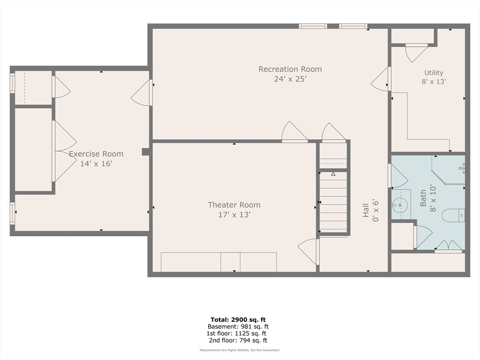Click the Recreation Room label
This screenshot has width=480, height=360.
(x=290, y=69)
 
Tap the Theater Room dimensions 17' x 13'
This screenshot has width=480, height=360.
(x=234, y=215)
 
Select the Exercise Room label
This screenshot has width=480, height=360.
(x=96, y=154)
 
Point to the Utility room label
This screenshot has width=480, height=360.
(x=434, y=73)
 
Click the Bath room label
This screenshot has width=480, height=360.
(x=423, y=198)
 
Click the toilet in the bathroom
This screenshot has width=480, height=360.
(x=453, y=215)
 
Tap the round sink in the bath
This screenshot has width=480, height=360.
(x=400, y=203)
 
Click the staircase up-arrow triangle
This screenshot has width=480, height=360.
(x=333, y=174)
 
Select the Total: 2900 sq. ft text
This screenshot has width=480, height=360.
(x=238, y=320)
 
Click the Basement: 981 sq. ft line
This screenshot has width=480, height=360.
(x=238, y=327)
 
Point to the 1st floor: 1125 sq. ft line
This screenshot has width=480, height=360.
(x=236, y=333)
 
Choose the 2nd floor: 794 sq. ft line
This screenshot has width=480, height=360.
(x=238, y=340)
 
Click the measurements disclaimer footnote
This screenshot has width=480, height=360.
(x=240, y=350)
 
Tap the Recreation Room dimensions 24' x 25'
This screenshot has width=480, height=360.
(x=290, y=79)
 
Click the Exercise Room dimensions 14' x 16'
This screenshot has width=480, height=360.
(x=96, y=164)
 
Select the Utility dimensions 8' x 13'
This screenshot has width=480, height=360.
(x=434, y=82)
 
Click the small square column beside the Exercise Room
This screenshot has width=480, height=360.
(x=146, y=152)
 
